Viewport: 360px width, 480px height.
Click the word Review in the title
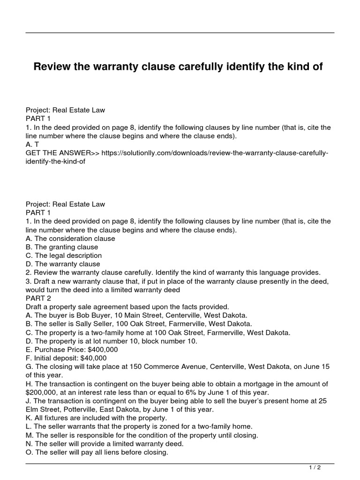52,67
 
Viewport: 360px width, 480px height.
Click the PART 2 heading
42,298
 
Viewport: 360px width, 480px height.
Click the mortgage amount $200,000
45,392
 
